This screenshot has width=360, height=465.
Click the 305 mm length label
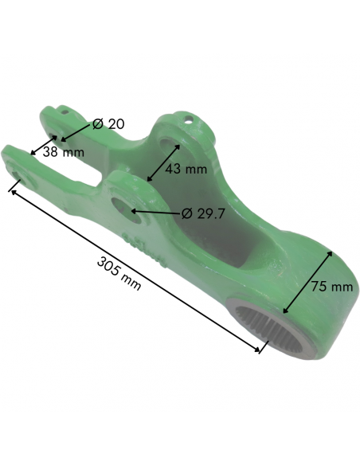click(x=119, y=273)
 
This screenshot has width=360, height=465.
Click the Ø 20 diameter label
click(x=108, y=124)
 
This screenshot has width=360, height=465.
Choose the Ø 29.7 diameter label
click(x=204, y=213)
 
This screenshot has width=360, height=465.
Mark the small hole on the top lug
click(x=190, y=121)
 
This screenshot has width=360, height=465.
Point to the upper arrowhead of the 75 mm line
click(x=328, y=252)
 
